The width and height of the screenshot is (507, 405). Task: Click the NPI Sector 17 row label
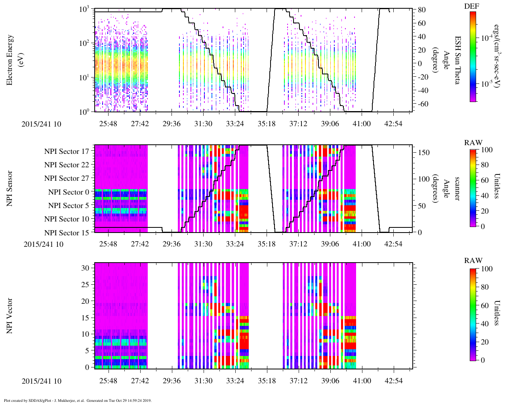pos(67,151)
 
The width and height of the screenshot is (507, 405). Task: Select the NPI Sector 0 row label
pos(69,192)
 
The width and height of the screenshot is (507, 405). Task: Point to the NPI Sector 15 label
pos(67,233)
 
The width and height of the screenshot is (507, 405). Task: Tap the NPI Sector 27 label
pos(67,178)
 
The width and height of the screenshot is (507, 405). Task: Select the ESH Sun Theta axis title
pos(457,60)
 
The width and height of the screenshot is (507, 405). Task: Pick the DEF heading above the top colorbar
pos(471,6)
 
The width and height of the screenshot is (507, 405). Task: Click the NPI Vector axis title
pos(10,316)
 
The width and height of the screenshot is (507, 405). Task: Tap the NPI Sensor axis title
pos(10,189)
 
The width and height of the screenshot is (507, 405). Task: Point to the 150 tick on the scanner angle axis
pos(424,153)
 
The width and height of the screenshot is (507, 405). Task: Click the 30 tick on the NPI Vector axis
pos(86,268)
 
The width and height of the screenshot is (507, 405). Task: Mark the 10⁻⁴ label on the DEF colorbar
pos(486,38)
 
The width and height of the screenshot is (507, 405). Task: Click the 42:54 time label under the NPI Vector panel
pos(393,381)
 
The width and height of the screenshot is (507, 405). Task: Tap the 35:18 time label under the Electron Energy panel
pos(266,124)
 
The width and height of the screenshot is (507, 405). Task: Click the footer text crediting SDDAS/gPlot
pos(78,401)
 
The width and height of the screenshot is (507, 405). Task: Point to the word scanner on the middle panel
pos(457,189)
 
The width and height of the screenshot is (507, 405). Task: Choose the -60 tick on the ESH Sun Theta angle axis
pos(422,104)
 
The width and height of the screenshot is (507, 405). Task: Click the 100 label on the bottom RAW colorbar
pos(486,269)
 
